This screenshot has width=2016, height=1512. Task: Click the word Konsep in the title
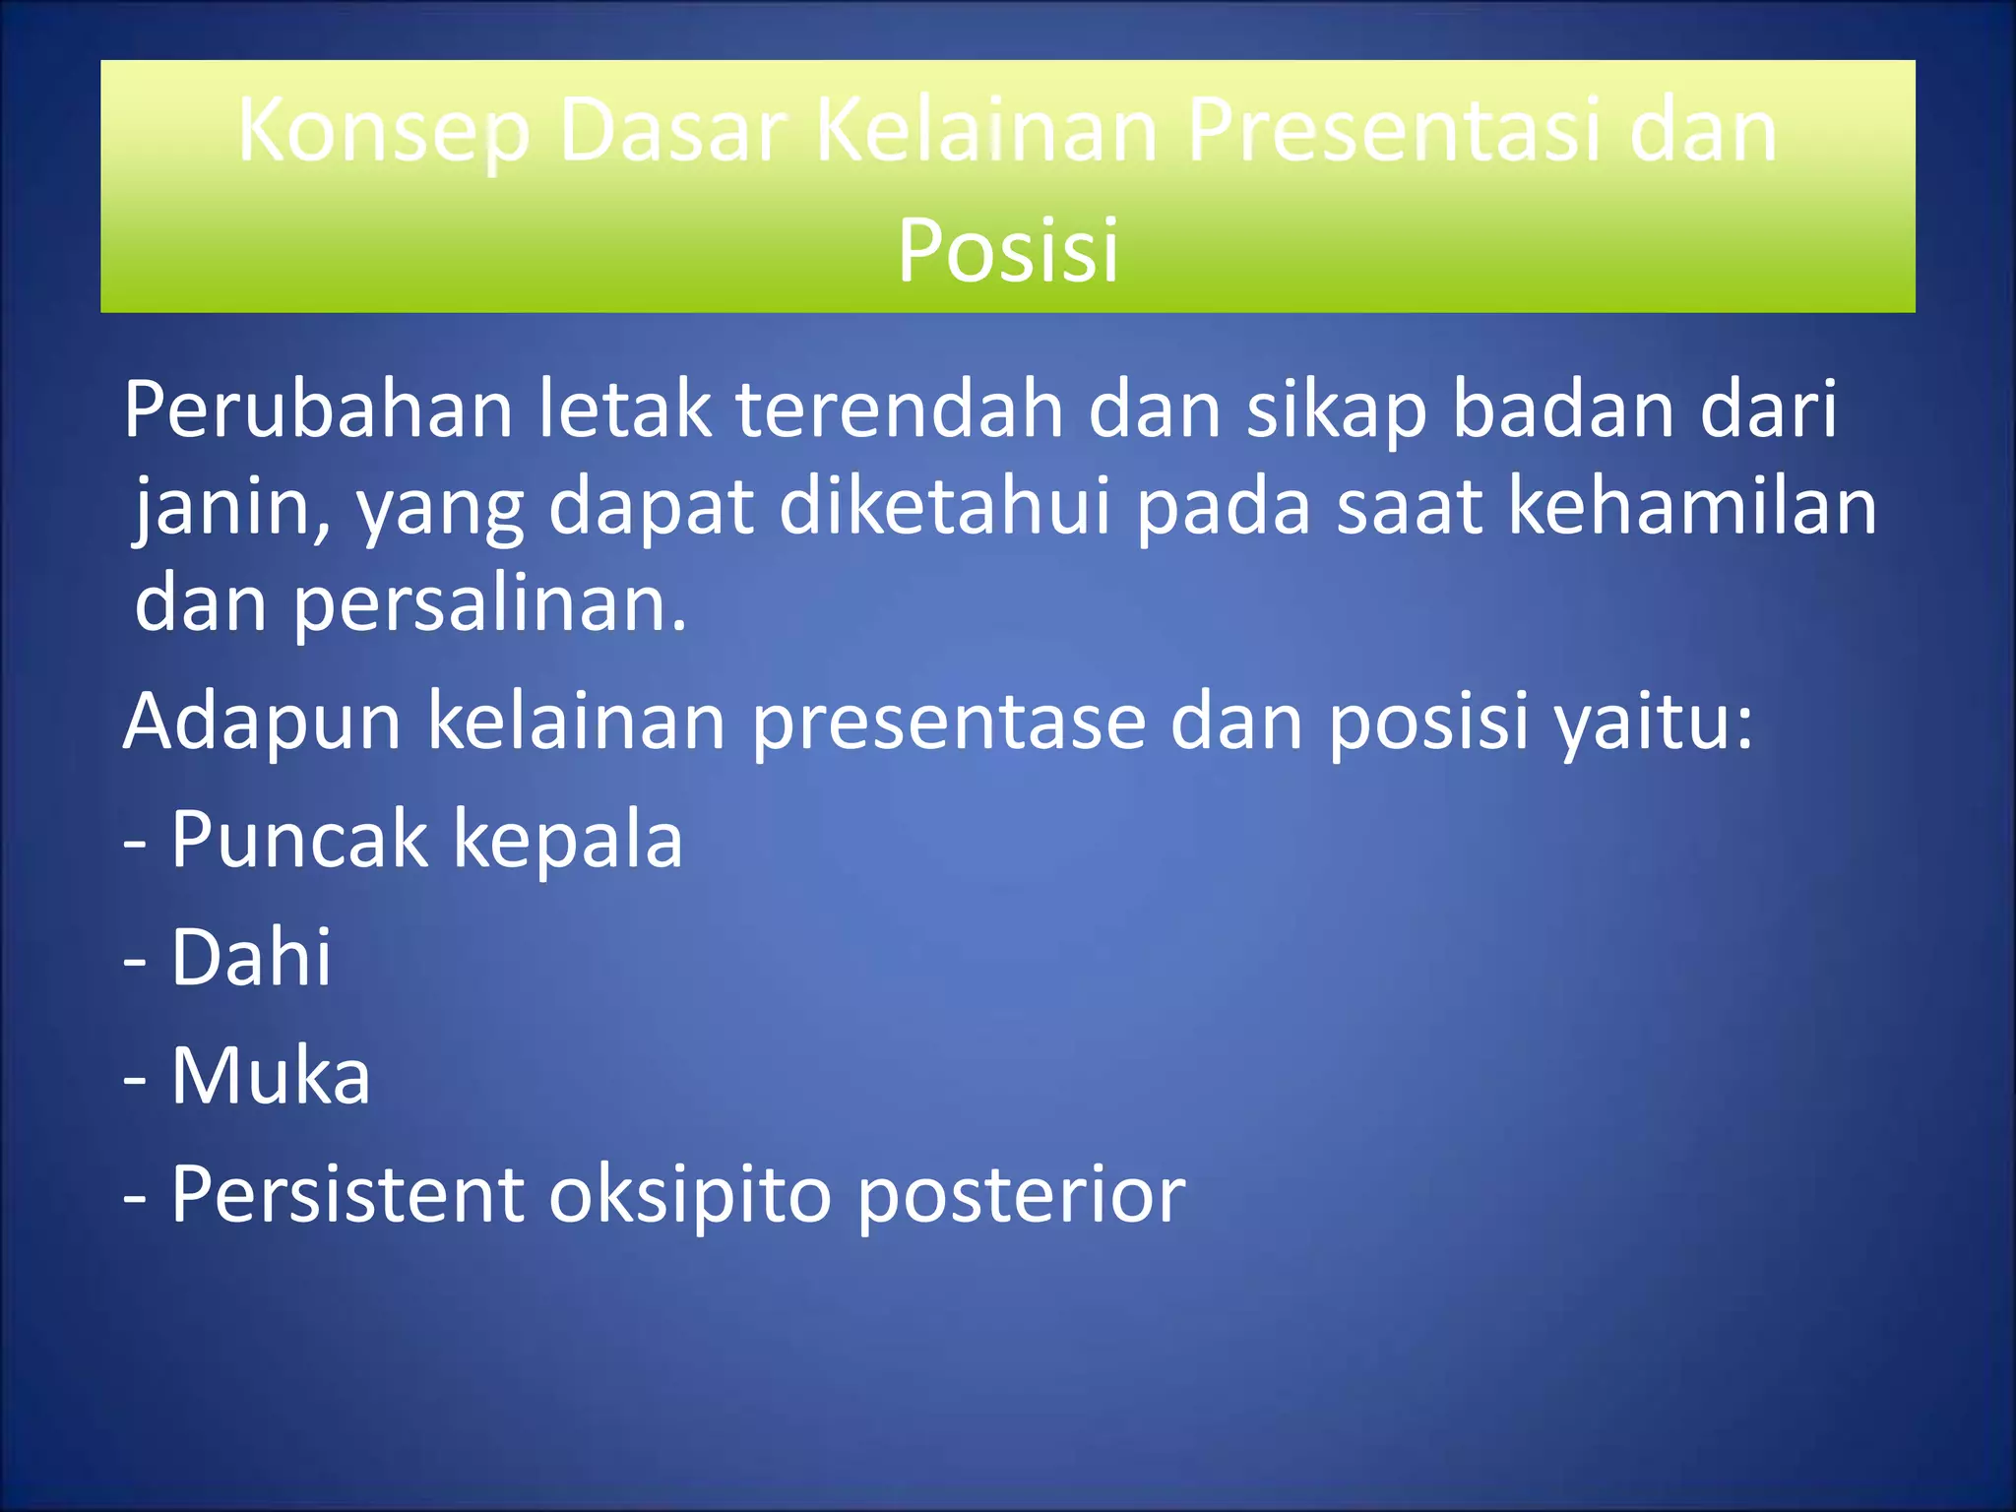pyautogui.click(x=384, y=133)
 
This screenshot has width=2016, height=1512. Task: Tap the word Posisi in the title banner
pyautogui.click(x=1008, y=251)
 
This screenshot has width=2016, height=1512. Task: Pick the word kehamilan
pyautogui.click(x=1692, y=507)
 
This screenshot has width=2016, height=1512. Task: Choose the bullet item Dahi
pyautogui.click(x=251, y=957)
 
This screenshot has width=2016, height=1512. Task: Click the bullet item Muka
pyautogui.click(x=271, y=1076)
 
